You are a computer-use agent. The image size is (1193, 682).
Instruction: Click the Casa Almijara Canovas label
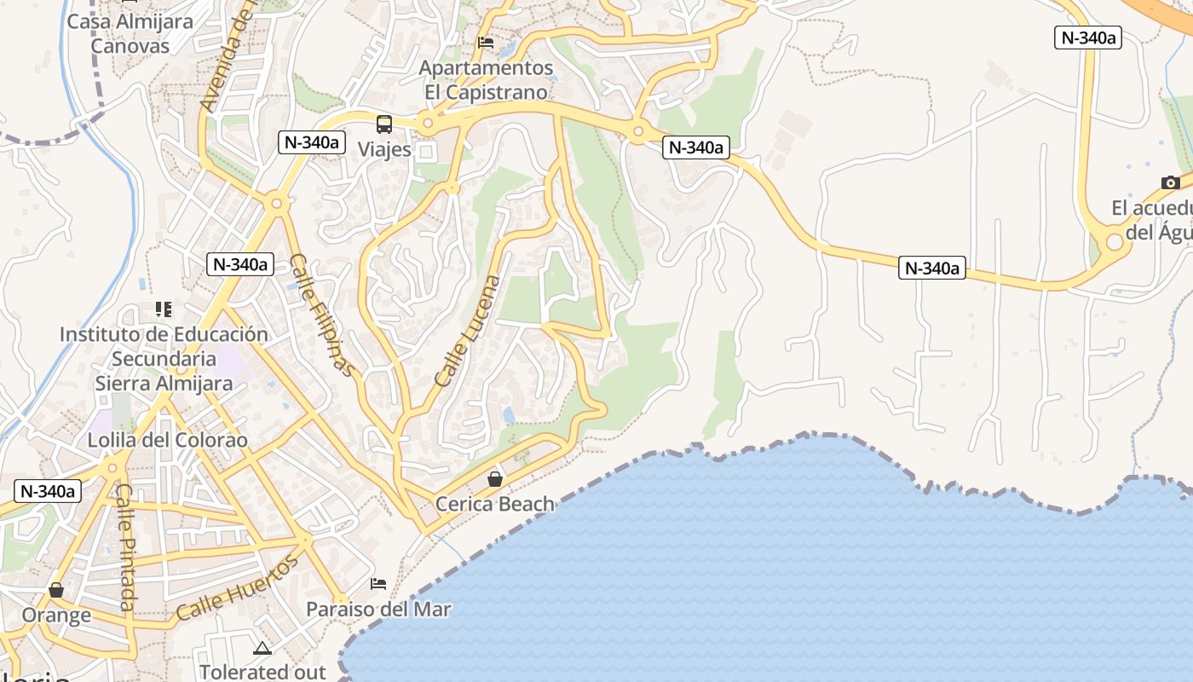pyautogui.click(x=130, y=33)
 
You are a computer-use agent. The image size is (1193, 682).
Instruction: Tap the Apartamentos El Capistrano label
pyautogui.click(x=487, y=79)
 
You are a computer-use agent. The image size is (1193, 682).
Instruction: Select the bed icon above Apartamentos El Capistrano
pyautogui.click(x=486, y=42)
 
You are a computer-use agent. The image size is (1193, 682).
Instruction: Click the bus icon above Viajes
pyautogui.click(x=384, y=124)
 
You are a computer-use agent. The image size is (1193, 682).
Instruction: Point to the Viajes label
pyautogui.click(x=384, y=150)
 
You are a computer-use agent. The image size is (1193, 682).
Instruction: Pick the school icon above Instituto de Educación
pyautogui.click(x=163, y=309)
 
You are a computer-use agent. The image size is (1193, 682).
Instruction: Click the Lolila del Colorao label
pyautogui.click(x=168, y=441)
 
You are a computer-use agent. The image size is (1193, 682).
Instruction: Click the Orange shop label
pyautogui.click(x=56, y=615)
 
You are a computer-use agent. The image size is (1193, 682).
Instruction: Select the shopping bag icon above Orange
pyautogui.click(x=56, y=590)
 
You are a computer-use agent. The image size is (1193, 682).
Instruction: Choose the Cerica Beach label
pyautogui.click(x=495, y=504)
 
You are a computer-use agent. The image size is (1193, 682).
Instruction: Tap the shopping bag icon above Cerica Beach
pyautogui.click(x=494, y=479)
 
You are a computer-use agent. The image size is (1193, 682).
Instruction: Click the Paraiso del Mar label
pyautogui.click(x=378, y=610)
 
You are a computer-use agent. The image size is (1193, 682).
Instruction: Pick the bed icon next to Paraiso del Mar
pyautogui.click(x=378, y=584)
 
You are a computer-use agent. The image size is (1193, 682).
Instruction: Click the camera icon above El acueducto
pyautogui.click(x=1170, y=182)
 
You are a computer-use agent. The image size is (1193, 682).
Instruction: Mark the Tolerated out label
pyautogui.click(x=262, y=672)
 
